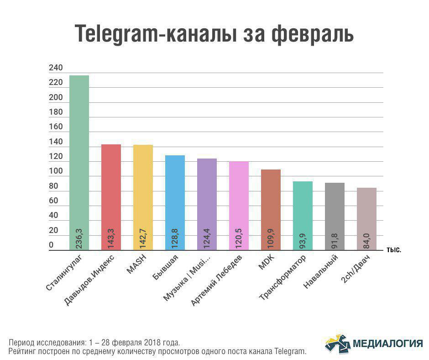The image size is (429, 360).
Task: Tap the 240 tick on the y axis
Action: [56, 68]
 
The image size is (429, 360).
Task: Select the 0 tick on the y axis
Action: [51, 245]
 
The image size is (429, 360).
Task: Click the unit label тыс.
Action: [393, 250]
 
